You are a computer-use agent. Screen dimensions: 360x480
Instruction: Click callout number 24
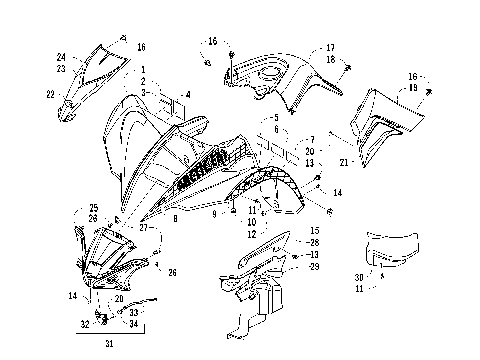coord(61,57)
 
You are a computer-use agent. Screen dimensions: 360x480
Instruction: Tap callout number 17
coord(330,47)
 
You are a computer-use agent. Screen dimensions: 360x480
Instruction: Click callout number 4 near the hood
coord(186,96)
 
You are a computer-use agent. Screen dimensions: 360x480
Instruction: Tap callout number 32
coord(84,324)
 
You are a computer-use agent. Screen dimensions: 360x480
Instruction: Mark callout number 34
coord(134,324)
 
